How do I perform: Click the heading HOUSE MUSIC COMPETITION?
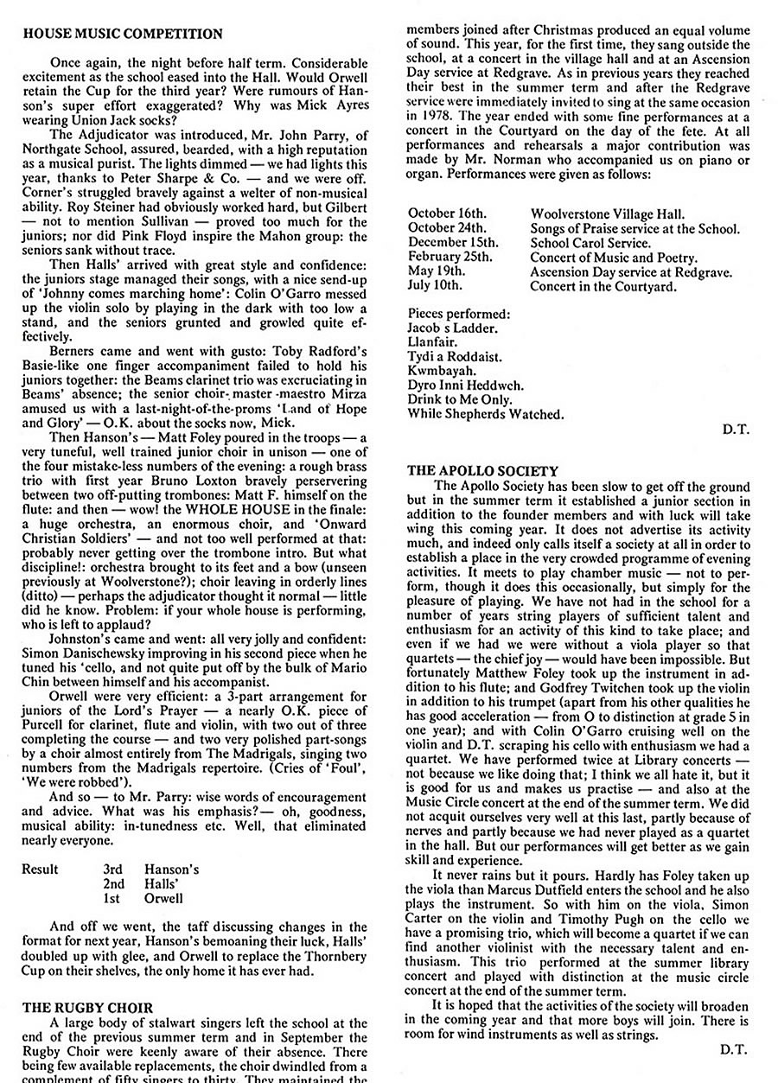tap(122, 34)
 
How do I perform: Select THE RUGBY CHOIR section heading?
tap(88, 1007)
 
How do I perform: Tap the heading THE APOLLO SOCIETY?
tap(483, 471)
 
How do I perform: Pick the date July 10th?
tap(436, 285)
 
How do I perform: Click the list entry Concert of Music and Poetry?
tap(614, 258)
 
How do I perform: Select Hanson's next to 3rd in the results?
tap(171, 869)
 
